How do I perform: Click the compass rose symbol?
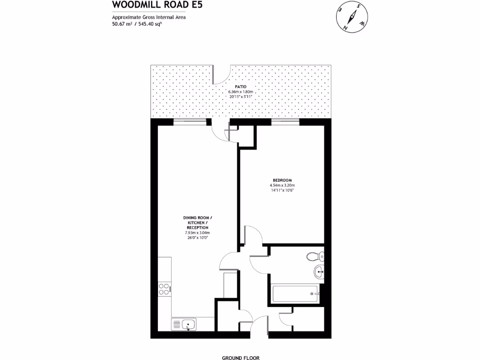pyautogui.click(x=351, y=18)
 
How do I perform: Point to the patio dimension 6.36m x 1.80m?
pyautogui.click(x=240, y=91)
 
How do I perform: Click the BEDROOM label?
pyautogui.click(x=283, y=180)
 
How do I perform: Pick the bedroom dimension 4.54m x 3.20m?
pyautogui.click(x=283, y=186)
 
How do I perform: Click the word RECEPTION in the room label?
pyautogui.click(x=197, y=227)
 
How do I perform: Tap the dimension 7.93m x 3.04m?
pyautogui.click(x=197, y=232)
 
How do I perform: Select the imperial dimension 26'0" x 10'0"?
pyautogui.click(x=197, y=238)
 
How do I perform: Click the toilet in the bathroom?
pyautogui.click(x=315, y=256)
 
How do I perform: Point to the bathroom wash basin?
pyautogui.click(x=319, y=270)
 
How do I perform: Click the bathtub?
pyautogui.click(x=295, y=293)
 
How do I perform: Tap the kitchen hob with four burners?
pyautogui.click(x=165, y=289)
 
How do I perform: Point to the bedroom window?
pyautogui.click(x=285, y=122)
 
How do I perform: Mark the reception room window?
pyautogui.click(x=190, y=122)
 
